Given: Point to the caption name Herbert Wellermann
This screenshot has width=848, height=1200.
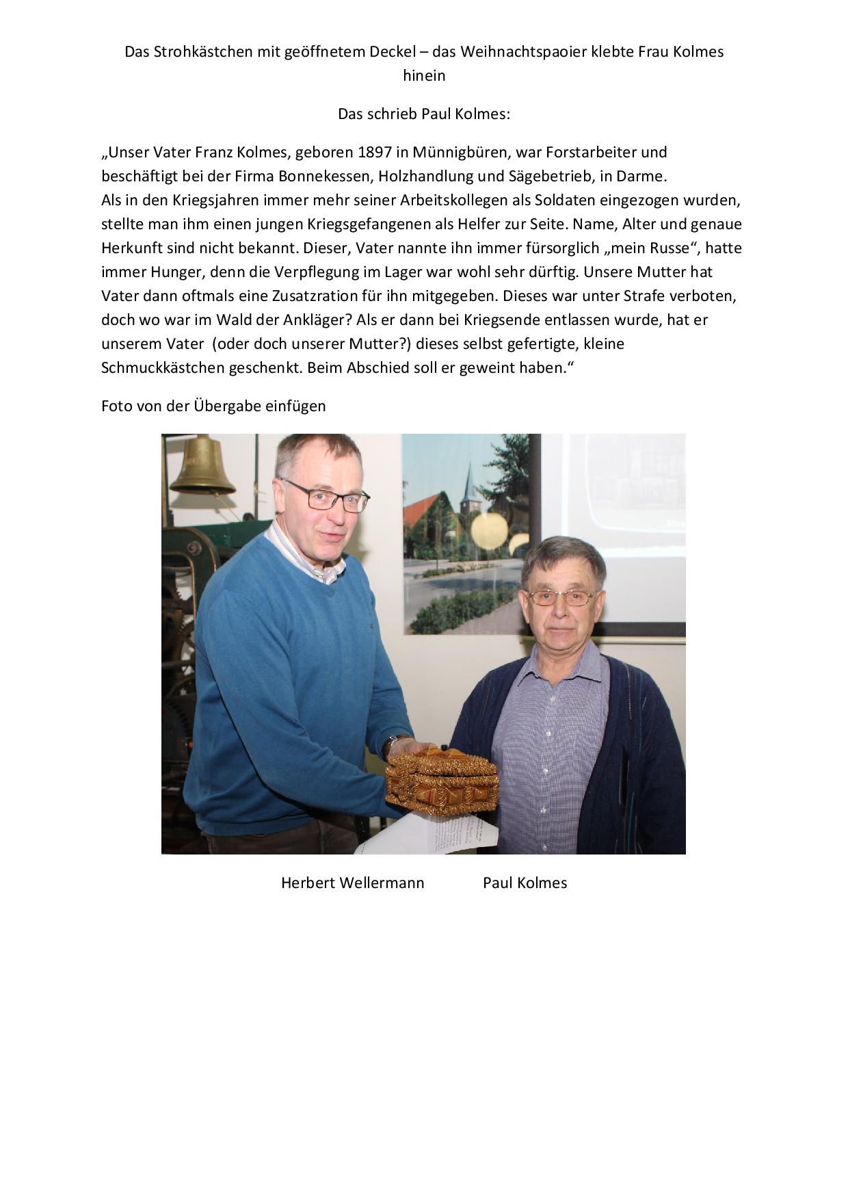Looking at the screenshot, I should click(352, 883).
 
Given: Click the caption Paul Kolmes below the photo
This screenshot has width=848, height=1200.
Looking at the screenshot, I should click(525, 883).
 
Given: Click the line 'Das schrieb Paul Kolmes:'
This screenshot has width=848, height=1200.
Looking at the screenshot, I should click(424, 114).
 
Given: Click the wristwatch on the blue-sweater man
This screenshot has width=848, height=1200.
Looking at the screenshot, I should click(391, 746).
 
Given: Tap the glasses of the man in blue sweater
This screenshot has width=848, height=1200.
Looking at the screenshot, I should click(327, 497).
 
